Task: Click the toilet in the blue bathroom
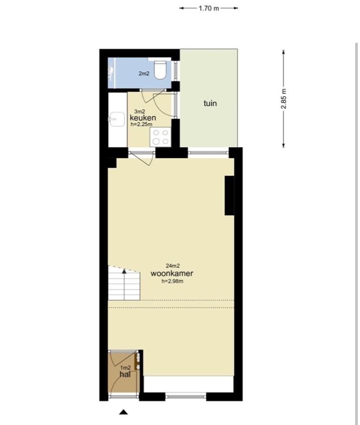coord(160,70)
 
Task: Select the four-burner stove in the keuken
coord(160,137)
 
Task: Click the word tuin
coord(210,103)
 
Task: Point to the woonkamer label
coord(172,273)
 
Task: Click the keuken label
coord(143,118)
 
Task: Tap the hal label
coord(125,374)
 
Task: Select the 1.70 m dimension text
coord(209,8)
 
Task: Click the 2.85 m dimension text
coord(283,99)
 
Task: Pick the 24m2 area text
coord(172,266)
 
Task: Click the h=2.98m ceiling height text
coord(172,281)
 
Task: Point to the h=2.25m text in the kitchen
coord(141,125)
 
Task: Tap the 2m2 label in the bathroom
coord(144,74)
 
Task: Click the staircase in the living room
coord(124,283)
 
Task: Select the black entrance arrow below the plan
coord(124,412)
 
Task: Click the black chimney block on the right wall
coord(229,196)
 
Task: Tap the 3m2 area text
coord(139,111)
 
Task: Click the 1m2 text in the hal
coord(125,368)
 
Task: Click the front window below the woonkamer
coord(185,397)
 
